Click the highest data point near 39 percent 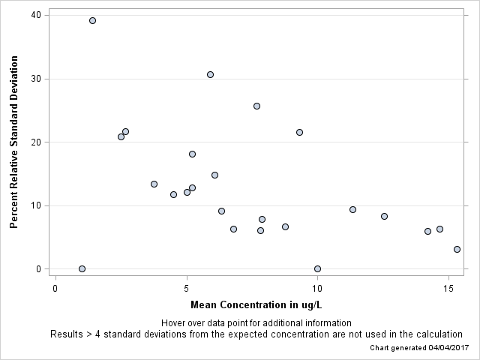click(92, 20)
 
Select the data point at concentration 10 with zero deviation click(317, 268)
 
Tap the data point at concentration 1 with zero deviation click(82, 268)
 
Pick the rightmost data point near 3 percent click(457, 249)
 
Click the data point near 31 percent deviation click(210, 74)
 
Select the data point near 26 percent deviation click(256, 106)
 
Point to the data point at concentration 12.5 click(384, 216)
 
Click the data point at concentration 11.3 click(352, 209)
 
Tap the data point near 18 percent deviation click(192, 154)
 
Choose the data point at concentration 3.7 click(154, 184)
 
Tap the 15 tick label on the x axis click(448, 288)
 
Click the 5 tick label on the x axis click(186, 288)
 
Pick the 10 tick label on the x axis click(317, 288)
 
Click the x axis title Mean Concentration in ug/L click(256, 304)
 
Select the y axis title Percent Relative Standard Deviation click(13, 142)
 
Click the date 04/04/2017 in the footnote click(448, 348)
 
